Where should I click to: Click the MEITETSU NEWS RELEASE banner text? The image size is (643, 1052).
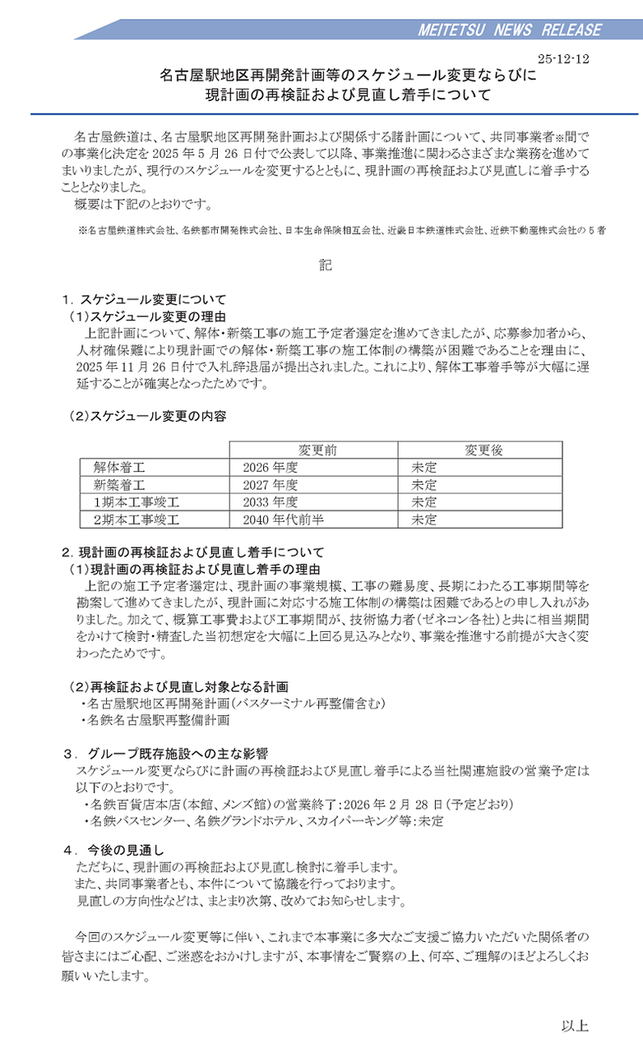pyautogui.click(x=510, y=30)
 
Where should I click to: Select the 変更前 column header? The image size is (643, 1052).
pyautogui.click(x=317, y=450)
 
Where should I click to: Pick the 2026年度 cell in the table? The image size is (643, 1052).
pyautogui.click(x=264, y=467)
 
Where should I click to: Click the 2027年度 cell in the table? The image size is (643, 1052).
pyautogui.click(x=264, y=484)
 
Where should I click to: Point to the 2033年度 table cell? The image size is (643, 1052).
pyautogui.click(x=264, y=501)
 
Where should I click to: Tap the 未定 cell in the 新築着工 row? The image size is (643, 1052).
pyautogui.click(x=424, y=484)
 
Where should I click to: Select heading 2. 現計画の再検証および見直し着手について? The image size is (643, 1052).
pyautogui.click(x=192, y=552)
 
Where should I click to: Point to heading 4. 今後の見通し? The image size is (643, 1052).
pyautogui.click(x=115, y=849)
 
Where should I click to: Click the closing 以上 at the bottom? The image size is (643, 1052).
pyautogui.click(x=575, y=1025)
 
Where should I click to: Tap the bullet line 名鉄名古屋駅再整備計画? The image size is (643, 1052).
pyautogui.click(x=156, y=720)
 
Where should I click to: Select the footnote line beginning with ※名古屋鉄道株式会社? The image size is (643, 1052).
pyautogui.click(x=342, y=232)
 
